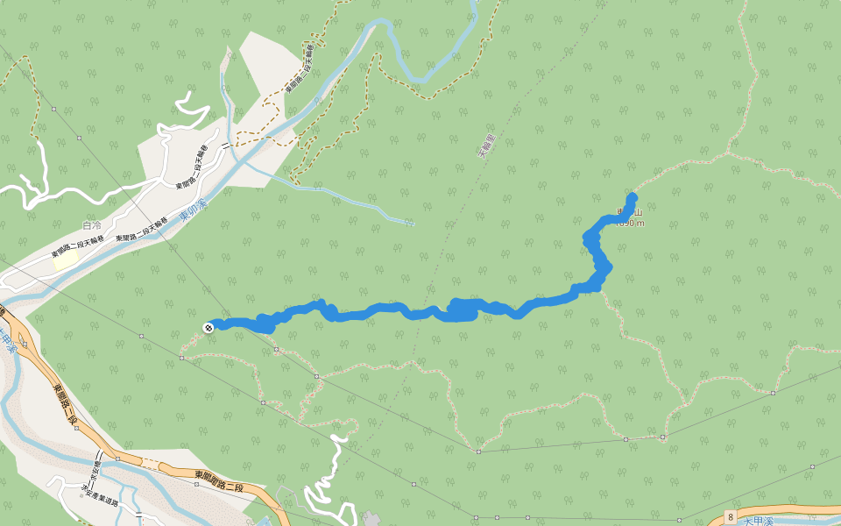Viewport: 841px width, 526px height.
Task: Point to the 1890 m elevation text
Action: pyautogui.click(x=630, y=223)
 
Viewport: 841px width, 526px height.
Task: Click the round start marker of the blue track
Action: pyautogui.click(x=208, y=327)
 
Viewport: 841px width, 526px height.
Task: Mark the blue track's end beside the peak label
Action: pyautogui.click(x=633, y=196)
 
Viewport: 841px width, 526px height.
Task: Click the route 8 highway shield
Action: pyautogui.click(x=730, y=518)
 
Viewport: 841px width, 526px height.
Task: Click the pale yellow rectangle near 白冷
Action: pyautogui.click(x=64, y=259)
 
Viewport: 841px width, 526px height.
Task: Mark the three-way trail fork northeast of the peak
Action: pyautogui.click(x=730, y=155)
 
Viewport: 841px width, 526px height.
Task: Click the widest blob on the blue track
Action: pyautogui.click(x=462, y=309)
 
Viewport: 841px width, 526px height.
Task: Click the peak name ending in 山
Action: pyautogui.click(x=630, y=211)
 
